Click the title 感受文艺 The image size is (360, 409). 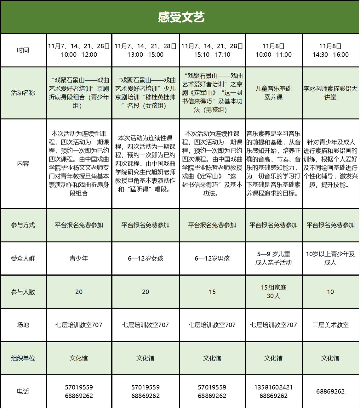[181, 17]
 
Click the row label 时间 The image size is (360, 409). [23, 50]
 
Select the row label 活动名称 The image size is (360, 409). [23, 93]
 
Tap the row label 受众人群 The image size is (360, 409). [23, 258]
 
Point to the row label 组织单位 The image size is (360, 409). [23, 358]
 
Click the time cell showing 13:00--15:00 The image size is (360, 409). [145, 50]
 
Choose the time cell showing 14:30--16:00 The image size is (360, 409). [330, 50]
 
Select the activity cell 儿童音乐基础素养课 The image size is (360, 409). [273, 93]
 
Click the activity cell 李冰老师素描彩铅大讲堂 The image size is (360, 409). [330, 93]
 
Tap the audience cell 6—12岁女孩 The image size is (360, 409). [145, 258]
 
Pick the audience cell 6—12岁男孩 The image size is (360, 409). [212, 258]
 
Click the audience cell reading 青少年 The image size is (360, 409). [79, 258]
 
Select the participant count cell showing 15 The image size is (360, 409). [212, 292]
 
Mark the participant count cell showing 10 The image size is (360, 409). [330, 292]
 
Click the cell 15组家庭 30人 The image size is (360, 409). [273, 292]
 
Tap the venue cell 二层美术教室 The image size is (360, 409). [330, 325]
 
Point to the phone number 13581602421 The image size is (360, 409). [273, 387]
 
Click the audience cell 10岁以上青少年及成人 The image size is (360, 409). [330, 258]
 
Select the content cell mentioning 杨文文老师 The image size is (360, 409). [79, 163]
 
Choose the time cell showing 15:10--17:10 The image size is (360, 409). [212, 50]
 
